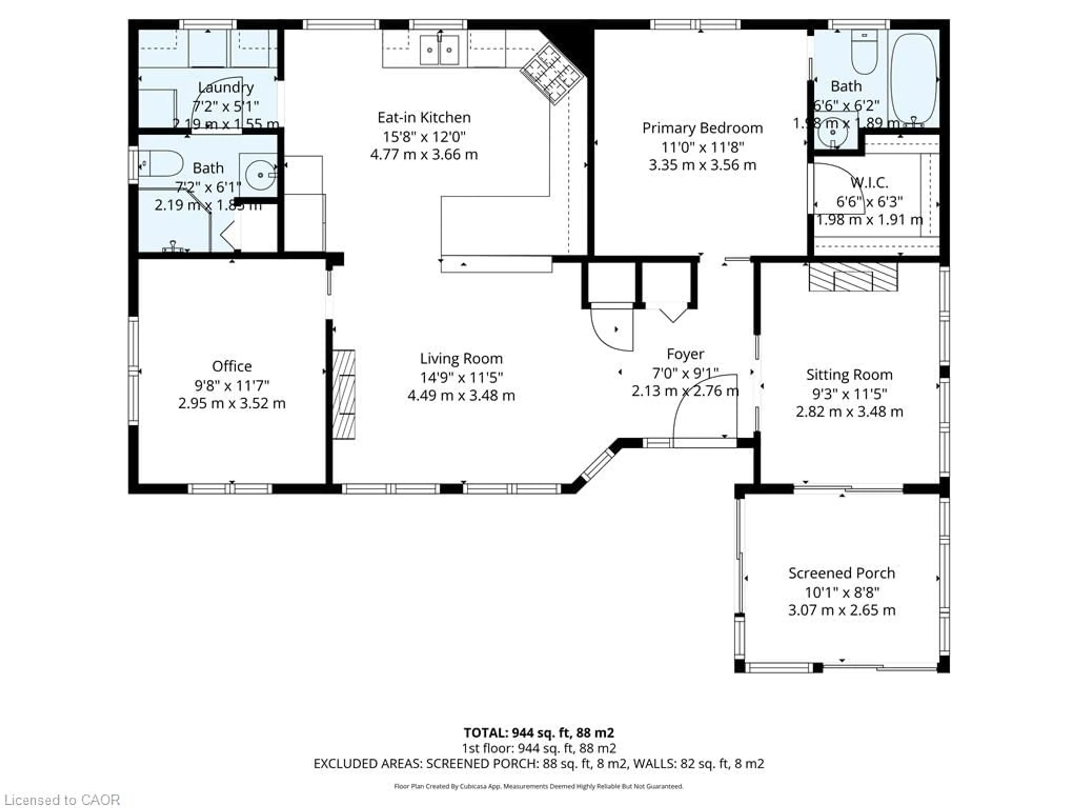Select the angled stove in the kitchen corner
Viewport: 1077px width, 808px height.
pyautogui.click(x=552, y=73)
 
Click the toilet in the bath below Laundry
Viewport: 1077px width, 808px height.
pyautogui.click(x=161, y=164)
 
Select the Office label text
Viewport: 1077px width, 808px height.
pyautogui.click(x=232, y=366)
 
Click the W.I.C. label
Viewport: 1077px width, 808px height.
pyautogui.click(x=869, y=183)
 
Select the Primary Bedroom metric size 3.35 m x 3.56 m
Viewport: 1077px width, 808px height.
pyautogui.click(x=702, y=165)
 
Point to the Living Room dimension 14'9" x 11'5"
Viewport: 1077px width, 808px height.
pyautogui.click(x=461, y=377)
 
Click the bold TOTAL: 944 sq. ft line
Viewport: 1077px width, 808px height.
pyautogui.click(x=538, y=733)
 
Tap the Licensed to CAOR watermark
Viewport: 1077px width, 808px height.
pyautogui.click(x=61, y=799)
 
